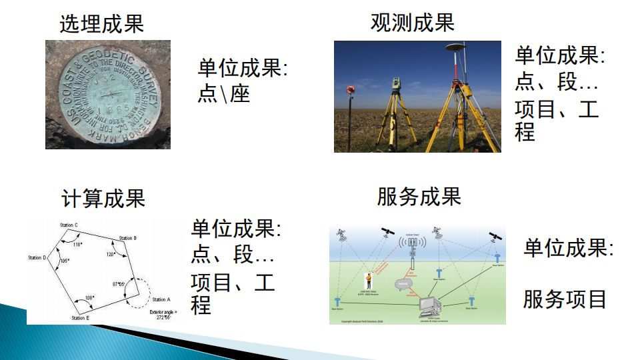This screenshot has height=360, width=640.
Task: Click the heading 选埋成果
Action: (101, 25)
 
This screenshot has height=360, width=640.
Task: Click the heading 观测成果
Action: (412, 22)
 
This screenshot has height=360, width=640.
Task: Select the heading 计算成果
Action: (103, 198)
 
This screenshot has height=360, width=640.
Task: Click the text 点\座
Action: (223, 93)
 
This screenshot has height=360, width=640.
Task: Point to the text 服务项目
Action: (565, 299)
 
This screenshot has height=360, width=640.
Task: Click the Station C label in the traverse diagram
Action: (69, 225)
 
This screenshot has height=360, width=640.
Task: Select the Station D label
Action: (37, 257)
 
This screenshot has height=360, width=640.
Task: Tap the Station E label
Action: (80, 319)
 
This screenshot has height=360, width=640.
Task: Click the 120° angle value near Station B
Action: (111, 254)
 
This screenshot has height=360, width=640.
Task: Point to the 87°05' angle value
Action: (119, 284)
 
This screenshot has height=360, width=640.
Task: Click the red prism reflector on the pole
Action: (350, 89)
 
